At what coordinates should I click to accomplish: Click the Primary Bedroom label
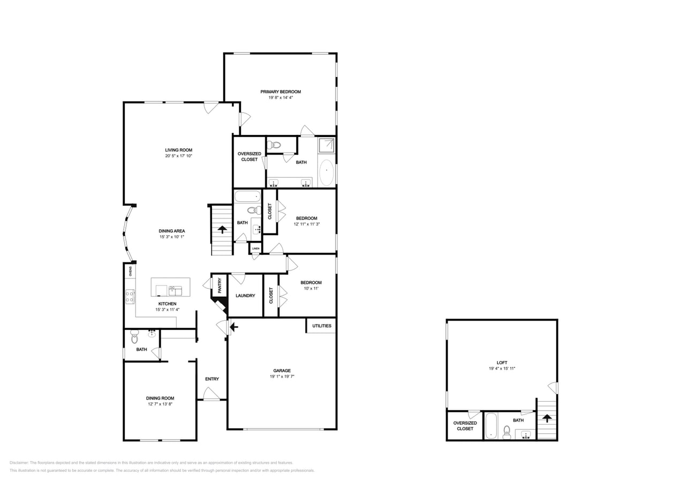pyautogui.click(x=281, y=92)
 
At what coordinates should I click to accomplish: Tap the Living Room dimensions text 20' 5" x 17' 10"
pyautogui.click(x=178, y=156)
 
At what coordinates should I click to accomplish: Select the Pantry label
pyautogui.click(x=220, y=285)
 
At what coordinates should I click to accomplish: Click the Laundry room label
pyautogui.click(x=245, y=296)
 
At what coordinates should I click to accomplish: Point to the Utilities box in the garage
pyautogui.click(x=321, y=326)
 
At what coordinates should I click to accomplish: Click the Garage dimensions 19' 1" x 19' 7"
pyautogui.click(x=282, y=376)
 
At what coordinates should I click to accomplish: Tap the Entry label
pyautogui.click(x=212, y=379)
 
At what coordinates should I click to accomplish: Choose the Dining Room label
pyautogui.click(x=160, y=398)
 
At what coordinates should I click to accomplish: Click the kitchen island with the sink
pyautogui.click(x=170, y=287)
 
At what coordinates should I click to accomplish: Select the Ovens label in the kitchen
pyautogui.click(x=130, y=271)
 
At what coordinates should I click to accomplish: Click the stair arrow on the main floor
pyautogui.click(x=222, y=230)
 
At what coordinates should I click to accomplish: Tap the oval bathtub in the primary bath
pyautogui.click(x=326, y=172)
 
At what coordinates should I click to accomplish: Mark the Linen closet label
pyautogui.click(x=255, y=248)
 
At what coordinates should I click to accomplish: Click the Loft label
pyautogui.click(x=502, y=363)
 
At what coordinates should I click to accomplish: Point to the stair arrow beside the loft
pyautogui.click(x=547, y=417)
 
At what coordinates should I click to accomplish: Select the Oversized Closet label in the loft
pyautogui.click(x=465, y=426)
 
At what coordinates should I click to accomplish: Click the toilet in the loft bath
pyautogui.click(x=506, y=432)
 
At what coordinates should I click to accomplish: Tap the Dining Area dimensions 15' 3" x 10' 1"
pyautogui.click(x=171, y=237)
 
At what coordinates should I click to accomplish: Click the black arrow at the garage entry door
pyautogui.click(x=233, y=326)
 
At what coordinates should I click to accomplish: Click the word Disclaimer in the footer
pyautogui.click(x=19, y=463)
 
